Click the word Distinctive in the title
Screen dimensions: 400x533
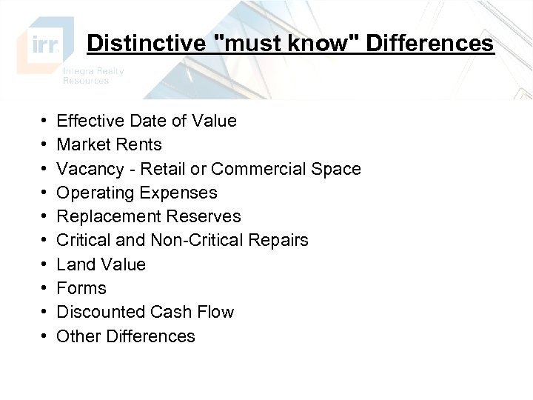point(145,44)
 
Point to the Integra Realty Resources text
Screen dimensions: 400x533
point(93,76)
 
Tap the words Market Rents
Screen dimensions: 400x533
point(109,144)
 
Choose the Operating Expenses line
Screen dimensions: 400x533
point(137,193)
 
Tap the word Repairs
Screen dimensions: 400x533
point(282,240)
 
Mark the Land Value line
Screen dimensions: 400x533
point(101,264)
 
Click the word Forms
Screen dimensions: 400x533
point(81,288)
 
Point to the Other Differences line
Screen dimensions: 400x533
point(126,336)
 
